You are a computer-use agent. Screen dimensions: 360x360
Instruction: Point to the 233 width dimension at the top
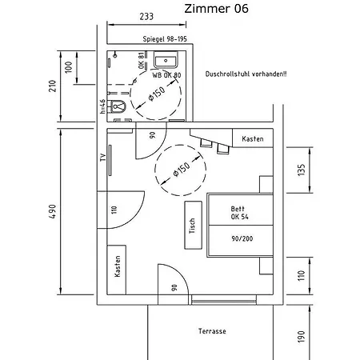point(146,15)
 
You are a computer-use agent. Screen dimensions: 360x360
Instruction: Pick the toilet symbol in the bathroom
point(119,106)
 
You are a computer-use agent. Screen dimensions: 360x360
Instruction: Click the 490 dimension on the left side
point(52,212)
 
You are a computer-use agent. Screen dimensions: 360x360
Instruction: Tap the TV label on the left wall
point(102,158)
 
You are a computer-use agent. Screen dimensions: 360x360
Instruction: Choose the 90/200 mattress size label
point(240,238)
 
